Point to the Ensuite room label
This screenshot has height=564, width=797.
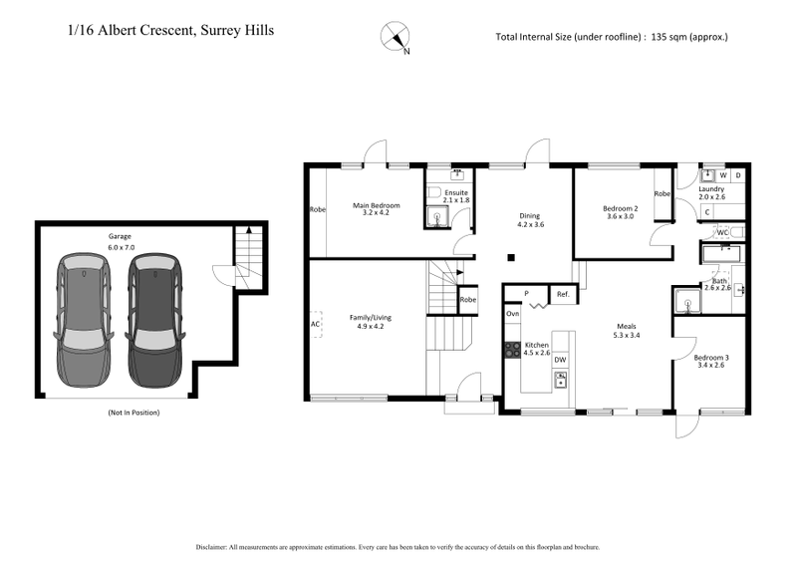click(x=455, y=195)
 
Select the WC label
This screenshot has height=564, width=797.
click(x=724, y=232)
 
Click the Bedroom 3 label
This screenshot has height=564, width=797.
click(x=712, y=362)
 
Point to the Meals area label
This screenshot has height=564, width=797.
click(x=625, y=331)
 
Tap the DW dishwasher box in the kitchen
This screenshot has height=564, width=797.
click(x=560, y=360)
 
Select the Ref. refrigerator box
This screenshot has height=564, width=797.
click(x=563, y=294)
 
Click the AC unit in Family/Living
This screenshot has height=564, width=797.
click(x=316, y=324)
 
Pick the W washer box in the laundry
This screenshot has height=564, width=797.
click(x=722, y=174)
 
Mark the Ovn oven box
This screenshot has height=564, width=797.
click(x=513, y=314)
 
